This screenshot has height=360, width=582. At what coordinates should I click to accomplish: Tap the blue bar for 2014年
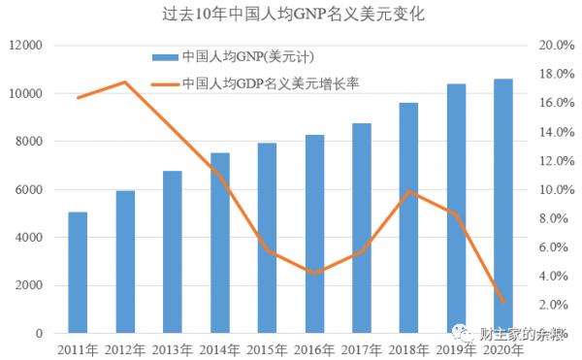click(x=220, y=243)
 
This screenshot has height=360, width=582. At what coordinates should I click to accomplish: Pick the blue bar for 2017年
click(x=362, y=228)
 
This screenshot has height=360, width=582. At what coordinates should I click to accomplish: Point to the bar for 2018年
click(x=409, y=218)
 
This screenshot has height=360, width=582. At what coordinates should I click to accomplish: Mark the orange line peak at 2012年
click(x=125, y=82)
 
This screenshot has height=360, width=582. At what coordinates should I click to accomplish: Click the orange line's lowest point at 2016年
click(x=314, y=274)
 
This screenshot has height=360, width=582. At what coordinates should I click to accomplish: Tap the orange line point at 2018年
click(x=409, y=191)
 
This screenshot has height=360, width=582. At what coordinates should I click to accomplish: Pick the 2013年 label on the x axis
click(x=173, y=349)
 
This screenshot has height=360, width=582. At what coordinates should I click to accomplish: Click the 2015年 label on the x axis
click(x=267, y=349)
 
